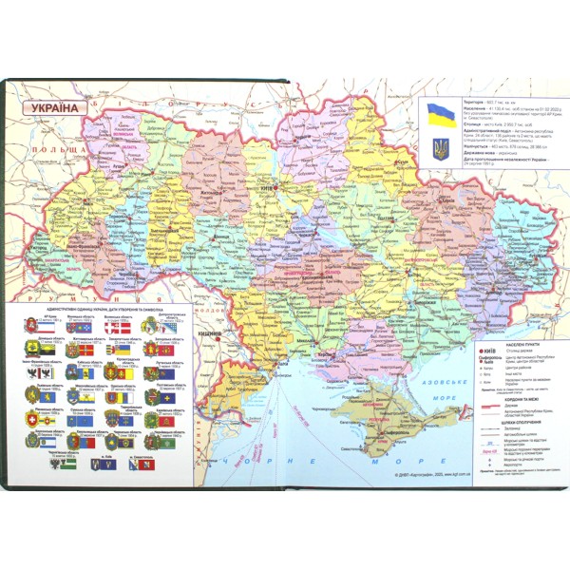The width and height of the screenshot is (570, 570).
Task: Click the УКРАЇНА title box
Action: click(x=54, y=108)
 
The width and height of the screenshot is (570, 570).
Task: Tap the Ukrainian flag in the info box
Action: click(x=441, y=115)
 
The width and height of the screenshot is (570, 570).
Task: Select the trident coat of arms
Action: click(x=441, y=148)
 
